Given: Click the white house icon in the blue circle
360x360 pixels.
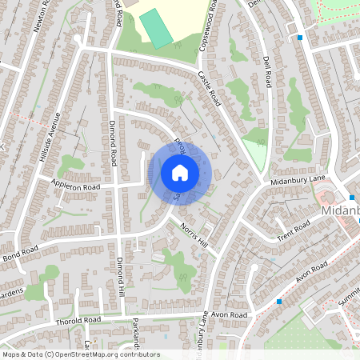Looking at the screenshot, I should click(180, 172).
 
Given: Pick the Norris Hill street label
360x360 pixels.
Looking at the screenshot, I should click(198, 234).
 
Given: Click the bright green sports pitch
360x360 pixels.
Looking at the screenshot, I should click(155, 28).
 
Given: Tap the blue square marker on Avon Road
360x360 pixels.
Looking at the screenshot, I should click(278, 301).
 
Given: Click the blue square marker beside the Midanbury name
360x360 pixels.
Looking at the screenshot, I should click(351, 197).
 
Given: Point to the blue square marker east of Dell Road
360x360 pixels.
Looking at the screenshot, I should click(300, 37).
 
